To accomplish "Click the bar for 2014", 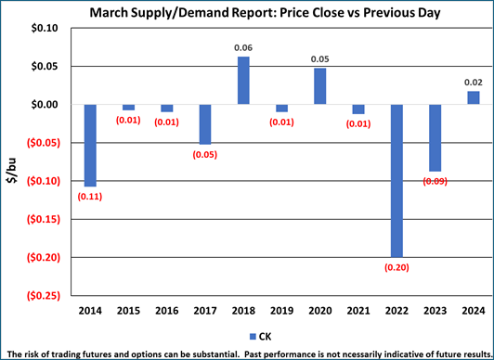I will click(90, 145).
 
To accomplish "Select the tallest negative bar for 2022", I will click(396, 180).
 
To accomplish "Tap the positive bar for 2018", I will click(243, 81).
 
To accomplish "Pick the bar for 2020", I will click(319, 86).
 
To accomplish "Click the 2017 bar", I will click(205, 124).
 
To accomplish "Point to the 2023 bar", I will click(435, 137).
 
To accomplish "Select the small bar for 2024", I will click(473, 97).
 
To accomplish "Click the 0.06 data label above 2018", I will click(243, 47).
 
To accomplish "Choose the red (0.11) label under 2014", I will click(90, 197).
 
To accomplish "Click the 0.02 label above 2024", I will click(473, 82).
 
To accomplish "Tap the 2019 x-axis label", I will click(281, 311).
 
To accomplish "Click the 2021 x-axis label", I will click(358, 311).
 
